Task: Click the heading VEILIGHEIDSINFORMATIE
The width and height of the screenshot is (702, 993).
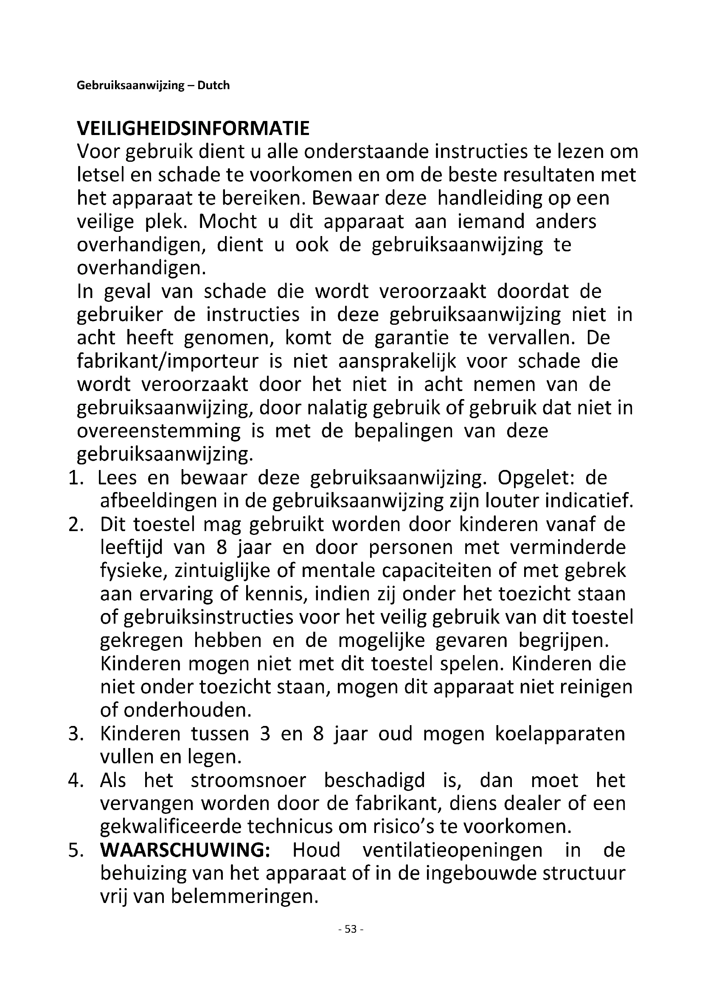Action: (x=193, y=129)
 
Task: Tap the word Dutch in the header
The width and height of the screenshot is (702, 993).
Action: (x=213, y=86)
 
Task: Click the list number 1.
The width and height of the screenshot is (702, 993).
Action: (x=75, y=478)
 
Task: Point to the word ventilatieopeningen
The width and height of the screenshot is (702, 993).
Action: (x=452, y=850)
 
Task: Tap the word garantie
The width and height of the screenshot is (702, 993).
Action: (x=412, y=338)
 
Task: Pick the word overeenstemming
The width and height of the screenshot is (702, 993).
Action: (x=159, y=431)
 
